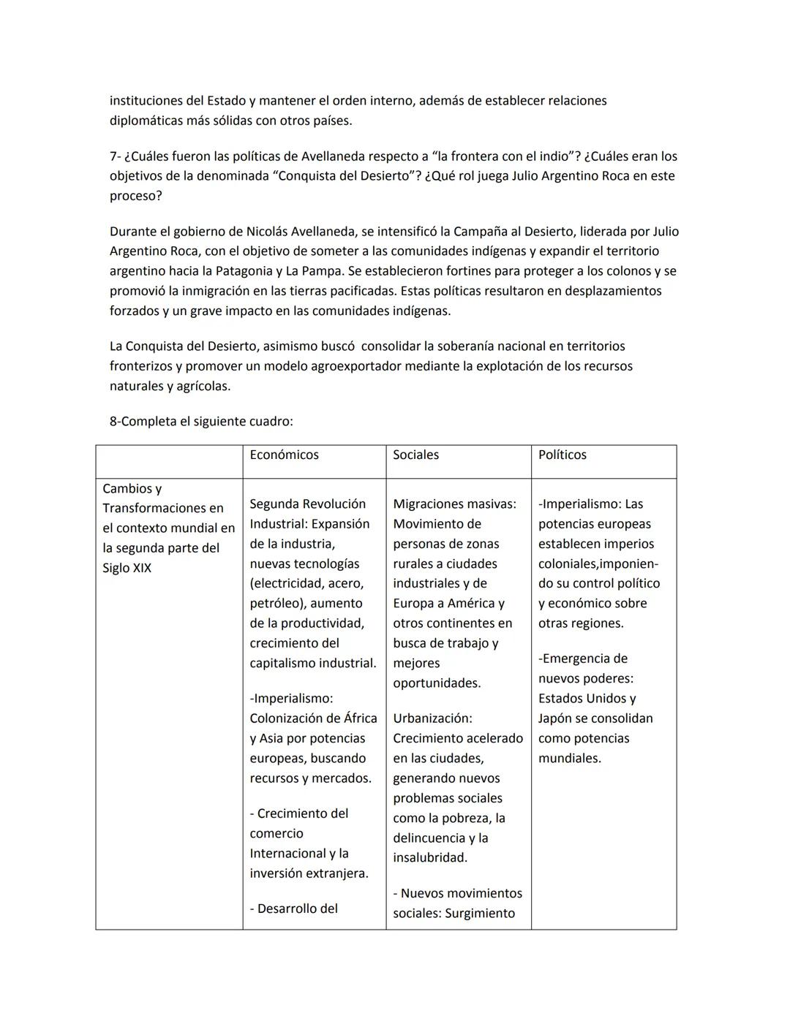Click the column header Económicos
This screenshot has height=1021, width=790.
(284, 455)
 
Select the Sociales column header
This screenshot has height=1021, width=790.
(415, 455)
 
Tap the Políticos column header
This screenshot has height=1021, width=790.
(562, 455)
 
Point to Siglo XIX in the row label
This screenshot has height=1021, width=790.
(127, 568)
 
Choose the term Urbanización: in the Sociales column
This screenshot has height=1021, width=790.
(432, 718)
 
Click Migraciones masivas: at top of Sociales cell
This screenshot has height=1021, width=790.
(454, 504)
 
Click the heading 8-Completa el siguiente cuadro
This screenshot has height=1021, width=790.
(201, 422)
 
